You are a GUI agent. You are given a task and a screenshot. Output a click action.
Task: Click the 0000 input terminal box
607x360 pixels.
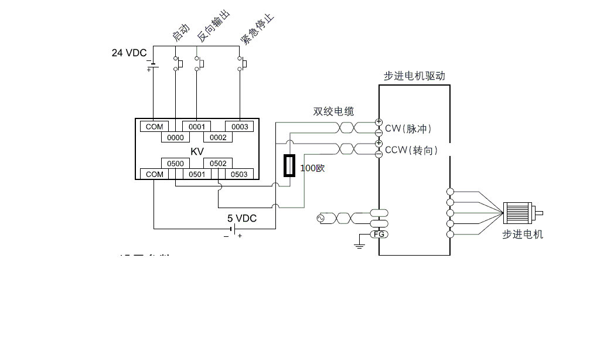176,138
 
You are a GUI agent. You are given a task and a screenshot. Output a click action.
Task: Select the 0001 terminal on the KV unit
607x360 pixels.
197,127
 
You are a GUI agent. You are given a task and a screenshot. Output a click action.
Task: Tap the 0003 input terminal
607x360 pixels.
240,127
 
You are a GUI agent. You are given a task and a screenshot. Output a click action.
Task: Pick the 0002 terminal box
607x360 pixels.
218,138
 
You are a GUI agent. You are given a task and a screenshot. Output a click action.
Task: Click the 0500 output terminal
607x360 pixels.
176,164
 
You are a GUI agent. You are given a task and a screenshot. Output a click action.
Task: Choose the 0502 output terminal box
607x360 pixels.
218,164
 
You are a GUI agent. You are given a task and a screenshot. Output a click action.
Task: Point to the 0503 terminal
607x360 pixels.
239,174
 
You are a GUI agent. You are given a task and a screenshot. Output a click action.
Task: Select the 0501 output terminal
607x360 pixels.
197,174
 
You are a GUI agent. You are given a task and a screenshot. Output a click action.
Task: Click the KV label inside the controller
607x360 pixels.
197,151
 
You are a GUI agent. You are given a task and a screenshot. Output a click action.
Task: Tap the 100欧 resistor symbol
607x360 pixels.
289,165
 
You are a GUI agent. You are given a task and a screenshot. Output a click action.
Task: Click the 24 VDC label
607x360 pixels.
129,53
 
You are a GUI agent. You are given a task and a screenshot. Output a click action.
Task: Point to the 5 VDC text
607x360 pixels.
242,218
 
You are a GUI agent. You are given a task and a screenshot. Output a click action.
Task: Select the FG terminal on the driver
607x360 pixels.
378,235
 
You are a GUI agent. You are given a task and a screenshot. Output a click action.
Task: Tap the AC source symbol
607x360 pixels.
321,218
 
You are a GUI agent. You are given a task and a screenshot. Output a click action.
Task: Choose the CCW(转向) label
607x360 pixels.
411,150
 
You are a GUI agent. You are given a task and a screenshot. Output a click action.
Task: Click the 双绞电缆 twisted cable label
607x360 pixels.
333,111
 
